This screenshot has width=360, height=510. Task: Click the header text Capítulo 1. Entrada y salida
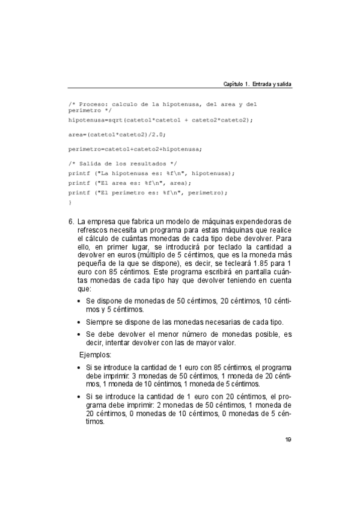(x=257, y=84)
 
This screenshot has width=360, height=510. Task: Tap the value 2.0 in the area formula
(x=156, y=134)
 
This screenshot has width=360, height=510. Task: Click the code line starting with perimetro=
(x=135, y=149)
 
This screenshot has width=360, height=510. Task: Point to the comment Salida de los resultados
(x=123, y=164)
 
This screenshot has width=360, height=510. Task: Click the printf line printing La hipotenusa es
(x=151, y=173)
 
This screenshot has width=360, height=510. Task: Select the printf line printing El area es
(x=129, y=183)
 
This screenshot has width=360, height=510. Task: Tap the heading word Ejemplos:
(x=96, y=355)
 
